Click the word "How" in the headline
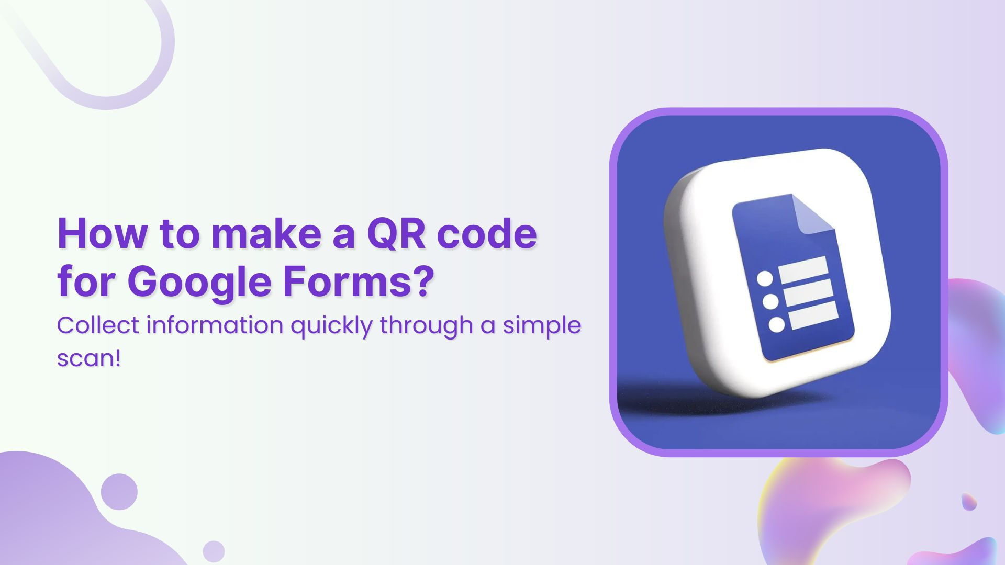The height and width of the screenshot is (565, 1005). pyautogui.click(x=103, y=233)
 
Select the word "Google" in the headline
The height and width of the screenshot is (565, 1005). pyautogui.click(x=199, y=282)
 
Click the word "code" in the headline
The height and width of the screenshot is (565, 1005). pyautogui.click(x=487, y=233)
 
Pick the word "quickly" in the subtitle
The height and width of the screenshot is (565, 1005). pyautogui.click(x=331, y=326)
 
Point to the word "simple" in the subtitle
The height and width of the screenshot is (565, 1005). pyautogui.click(x=542, y=326)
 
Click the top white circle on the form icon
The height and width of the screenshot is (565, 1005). pyautogui.click(x=765, y=278)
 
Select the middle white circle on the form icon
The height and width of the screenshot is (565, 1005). pyautogui.click(x=770, y=302)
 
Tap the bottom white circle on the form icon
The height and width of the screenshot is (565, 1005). pyautogui.click(x=777, y=325)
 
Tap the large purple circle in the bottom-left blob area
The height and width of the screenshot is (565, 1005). pyautogui.click(x=119, y=492)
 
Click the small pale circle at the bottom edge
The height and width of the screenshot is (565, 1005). pyautogui.click(x=214, y=551)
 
